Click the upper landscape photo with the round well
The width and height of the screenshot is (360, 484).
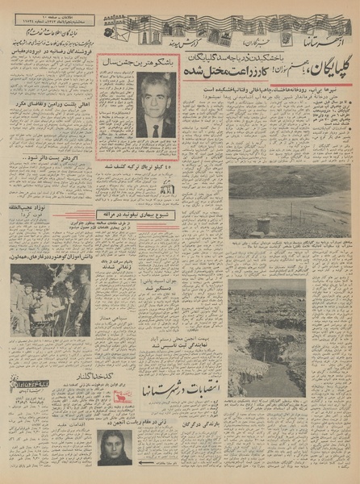coord(289,202)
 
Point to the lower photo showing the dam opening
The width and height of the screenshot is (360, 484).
coord(289,338)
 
